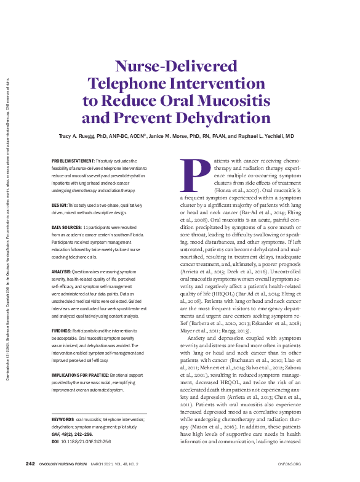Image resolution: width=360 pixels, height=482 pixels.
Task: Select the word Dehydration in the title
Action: click(208, 118)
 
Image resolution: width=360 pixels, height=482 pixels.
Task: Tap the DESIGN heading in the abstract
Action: click(59, 204)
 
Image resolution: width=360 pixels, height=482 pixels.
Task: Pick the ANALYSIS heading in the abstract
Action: click(62, 271)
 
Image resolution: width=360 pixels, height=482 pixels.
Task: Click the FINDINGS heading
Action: click(62, 331)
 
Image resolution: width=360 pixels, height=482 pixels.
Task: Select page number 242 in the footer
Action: click(30, 464)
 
